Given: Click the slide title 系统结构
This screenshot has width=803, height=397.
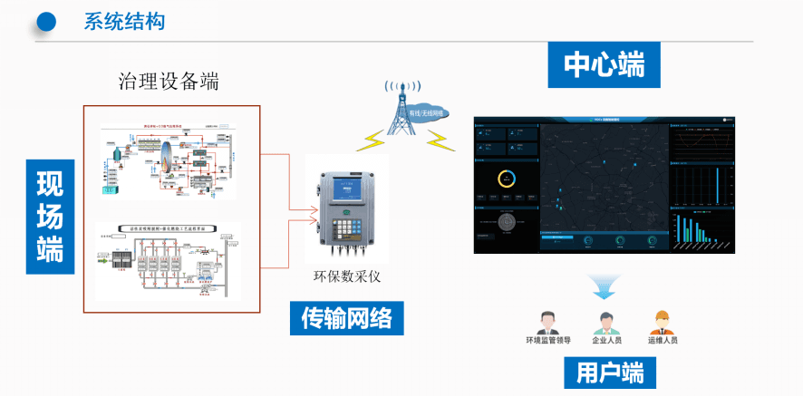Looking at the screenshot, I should click(124, 22).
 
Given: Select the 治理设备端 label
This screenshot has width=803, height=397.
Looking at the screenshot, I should click(169, 82).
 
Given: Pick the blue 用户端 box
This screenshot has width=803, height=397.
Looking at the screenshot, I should click(608, 373).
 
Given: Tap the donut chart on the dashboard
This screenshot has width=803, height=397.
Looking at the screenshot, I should click(506, 179).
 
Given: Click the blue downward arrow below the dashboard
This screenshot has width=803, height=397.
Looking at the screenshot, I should click(601, 289).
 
